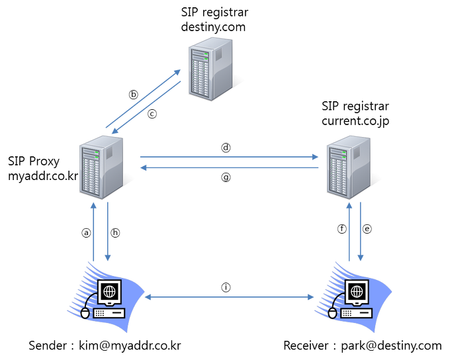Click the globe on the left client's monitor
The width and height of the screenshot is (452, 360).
tap(110, 290)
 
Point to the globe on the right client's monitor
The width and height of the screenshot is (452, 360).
tap(356, 290)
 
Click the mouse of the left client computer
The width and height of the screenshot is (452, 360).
tap(85, 312)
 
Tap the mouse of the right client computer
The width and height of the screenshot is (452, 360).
tap(332, 312)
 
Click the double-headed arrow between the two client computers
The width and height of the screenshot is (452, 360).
tap(230, 298)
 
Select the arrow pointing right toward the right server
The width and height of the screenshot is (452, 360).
tap(229, 157)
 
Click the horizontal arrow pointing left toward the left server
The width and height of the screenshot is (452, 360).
tap(229, 169)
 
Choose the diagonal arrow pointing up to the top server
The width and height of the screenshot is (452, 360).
tap(142, 97)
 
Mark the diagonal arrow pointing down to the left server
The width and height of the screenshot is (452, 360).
tap(147, 107)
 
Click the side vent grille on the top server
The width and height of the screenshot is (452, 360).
tap(222, 68)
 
